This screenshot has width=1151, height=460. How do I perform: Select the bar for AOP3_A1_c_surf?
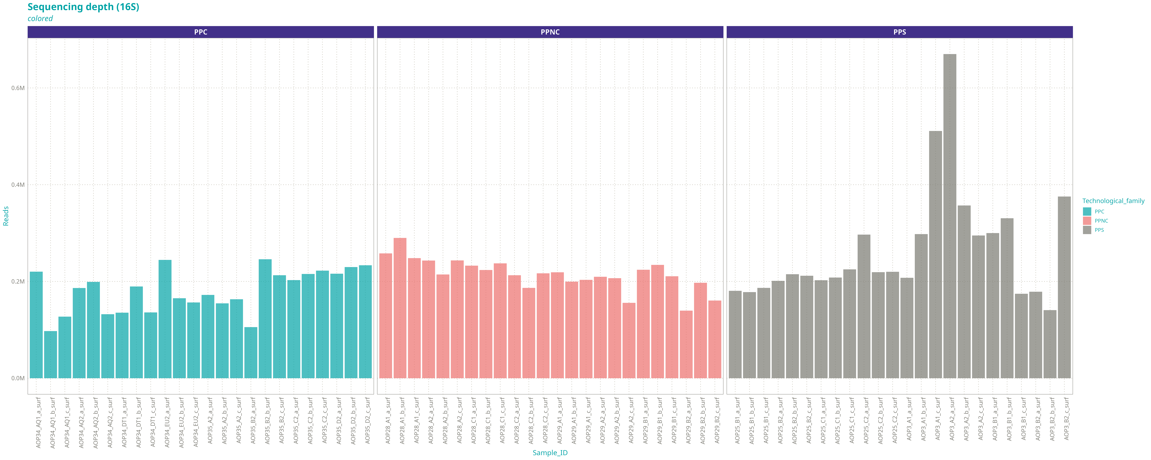[935, 255]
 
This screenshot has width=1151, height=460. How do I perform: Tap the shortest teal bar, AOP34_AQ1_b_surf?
[51, 355]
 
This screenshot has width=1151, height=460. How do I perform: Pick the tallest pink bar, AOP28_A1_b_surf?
[400, 308]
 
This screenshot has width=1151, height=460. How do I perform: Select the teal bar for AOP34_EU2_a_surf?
[165, 319]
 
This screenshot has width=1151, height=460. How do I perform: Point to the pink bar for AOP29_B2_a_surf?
[686, 344]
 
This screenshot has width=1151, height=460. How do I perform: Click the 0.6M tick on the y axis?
[18, 88]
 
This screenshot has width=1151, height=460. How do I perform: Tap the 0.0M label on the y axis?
[18, 378]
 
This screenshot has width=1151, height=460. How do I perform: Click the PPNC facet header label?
[550, 32]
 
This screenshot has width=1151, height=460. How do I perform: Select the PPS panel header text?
[899, 32]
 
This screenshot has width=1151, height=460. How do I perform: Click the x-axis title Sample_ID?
[550, 453]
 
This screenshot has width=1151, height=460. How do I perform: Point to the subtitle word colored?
[40, 19]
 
